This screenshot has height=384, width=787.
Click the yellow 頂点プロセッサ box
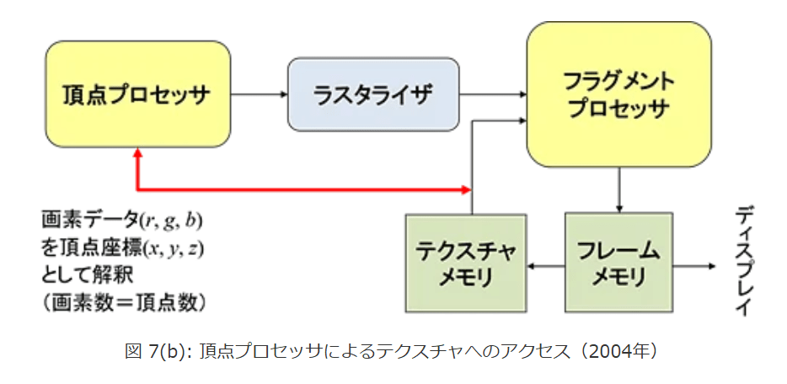(137, 93)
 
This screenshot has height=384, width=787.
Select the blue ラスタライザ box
(373, 93)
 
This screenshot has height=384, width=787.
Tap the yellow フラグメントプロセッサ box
(619, 95)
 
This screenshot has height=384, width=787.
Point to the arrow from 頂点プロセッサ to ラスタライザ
(259, 94)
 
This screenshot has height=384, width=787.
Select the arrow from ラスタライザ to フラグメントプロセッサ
(493, 94)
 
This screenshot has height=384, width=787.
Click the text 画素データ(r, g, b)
(121, 222)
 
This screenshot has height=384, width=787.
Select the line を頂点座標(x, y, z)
(123, 249)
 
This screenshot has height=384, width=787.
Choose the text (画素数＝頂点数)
(124, 301)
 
